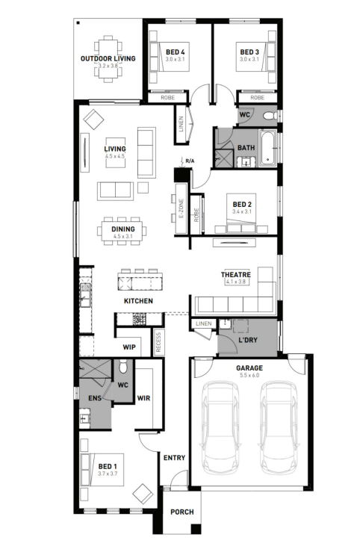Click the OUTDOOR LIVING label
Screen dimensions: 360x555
point(108,58)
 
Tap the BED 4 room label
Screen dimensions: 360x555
point(176,52)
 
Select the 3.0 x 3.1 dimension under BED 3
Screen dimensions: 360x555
point(249,59)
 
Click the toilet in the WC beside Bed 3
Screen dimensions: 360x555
point(270,115)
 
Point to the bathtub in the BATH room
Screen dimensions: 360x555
point(267,148)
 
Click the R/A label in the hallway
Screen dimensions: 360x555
point(190,161)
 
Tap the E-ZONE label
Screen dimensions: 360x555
point(181,208)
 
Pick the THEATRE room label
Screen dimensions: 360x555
point(236,274)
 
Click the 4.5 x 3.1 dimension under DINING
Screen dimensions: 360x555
point(122,236)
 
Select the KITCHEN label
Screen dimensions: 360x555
point(138,301)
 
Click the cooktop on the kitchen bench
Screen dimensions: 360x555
point(139,318)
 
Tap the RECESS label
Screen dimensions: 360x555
point(158,342)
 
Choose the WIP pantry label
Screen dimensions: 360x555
point(129,347)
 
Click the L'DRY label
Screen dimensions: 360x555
point(248,340)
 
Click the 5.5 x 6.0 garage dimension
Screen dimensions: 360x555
point(249,375)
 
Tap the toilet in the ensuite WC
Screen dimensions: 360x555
point(123,367)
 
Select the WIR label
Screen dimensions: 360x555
point(143,398)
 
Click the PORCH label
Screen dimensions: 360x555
point(182,512)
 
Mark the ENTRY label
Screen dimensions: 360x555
point(174,458)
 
